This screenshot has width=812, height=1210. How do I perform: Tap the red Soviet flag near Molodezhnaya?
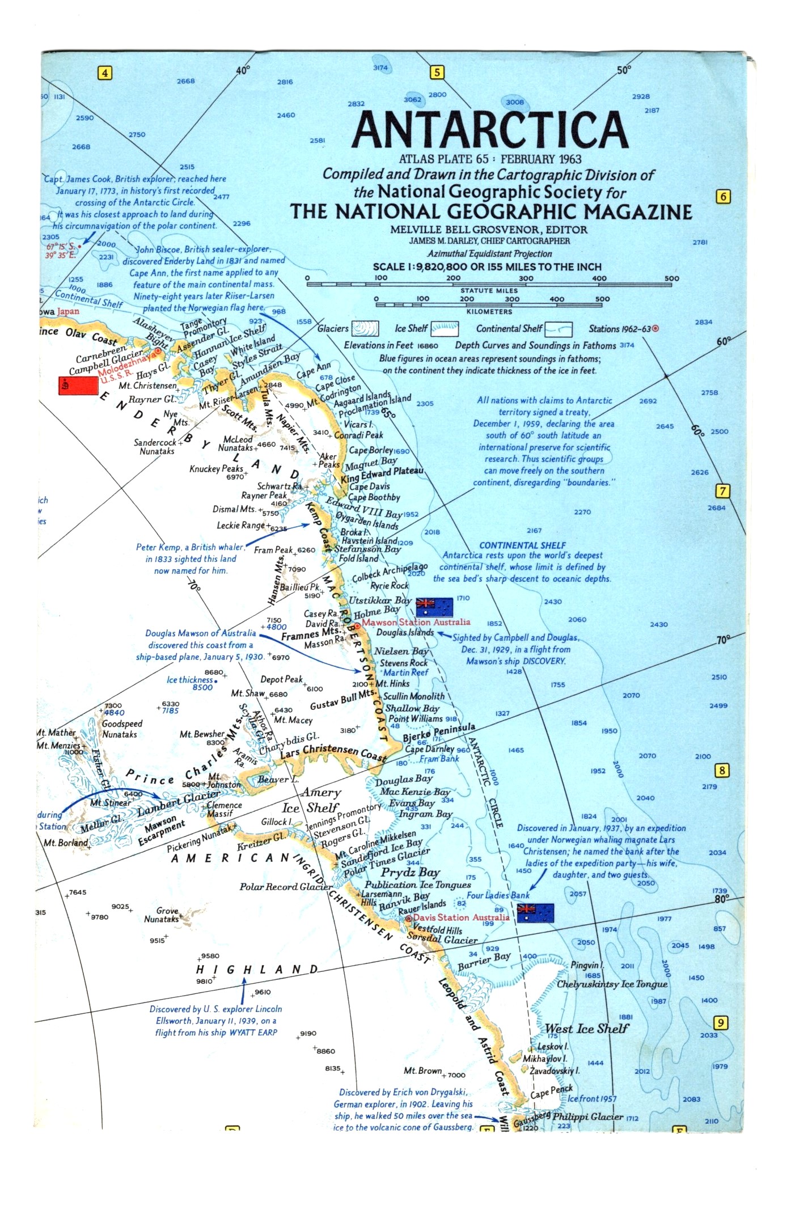(x=78, y=385)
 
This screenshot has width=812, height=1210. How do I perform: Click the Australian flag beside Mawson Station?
(x=434, y=607)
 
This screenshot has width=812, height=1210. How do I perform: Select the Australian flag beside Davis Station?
(x=535, y=913)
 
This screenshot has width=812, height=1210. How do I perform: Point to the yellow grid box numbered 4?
(x=105, y=73)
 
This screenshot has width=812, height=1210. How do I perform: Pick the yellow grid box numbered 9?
(x=720, y=1023)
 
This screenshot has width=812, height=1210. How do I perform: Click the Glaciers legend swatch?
(x=365, y=329)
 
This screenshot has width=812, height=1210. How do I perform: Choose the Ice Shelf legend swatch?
(x=444, y=329)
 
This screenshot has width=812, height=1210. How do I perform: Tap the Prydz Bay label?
(x=410, y=872)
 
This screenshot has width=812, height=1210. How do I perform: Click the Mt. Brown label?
(x=422, y=1071)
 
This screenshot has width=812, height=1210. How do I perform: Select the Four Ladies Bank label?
(x=498, y=895)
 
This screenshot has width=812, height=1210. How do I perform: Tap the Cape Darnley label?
(x=430, y=749)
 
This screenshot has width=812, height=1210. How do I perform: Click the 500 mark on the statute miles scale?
(x=671, y=278)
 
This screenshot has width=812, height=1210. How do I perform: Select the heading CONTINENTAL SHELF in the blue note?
(x=522, y=545)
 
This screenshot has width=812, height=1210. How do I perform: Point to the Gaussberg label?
(x=531, y=1120)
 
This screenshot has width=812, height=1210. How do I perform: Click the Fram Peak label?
(x=273, y=549)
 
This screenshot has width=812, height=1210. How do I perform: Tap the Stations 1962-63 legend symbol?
(x=655, y=328)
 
